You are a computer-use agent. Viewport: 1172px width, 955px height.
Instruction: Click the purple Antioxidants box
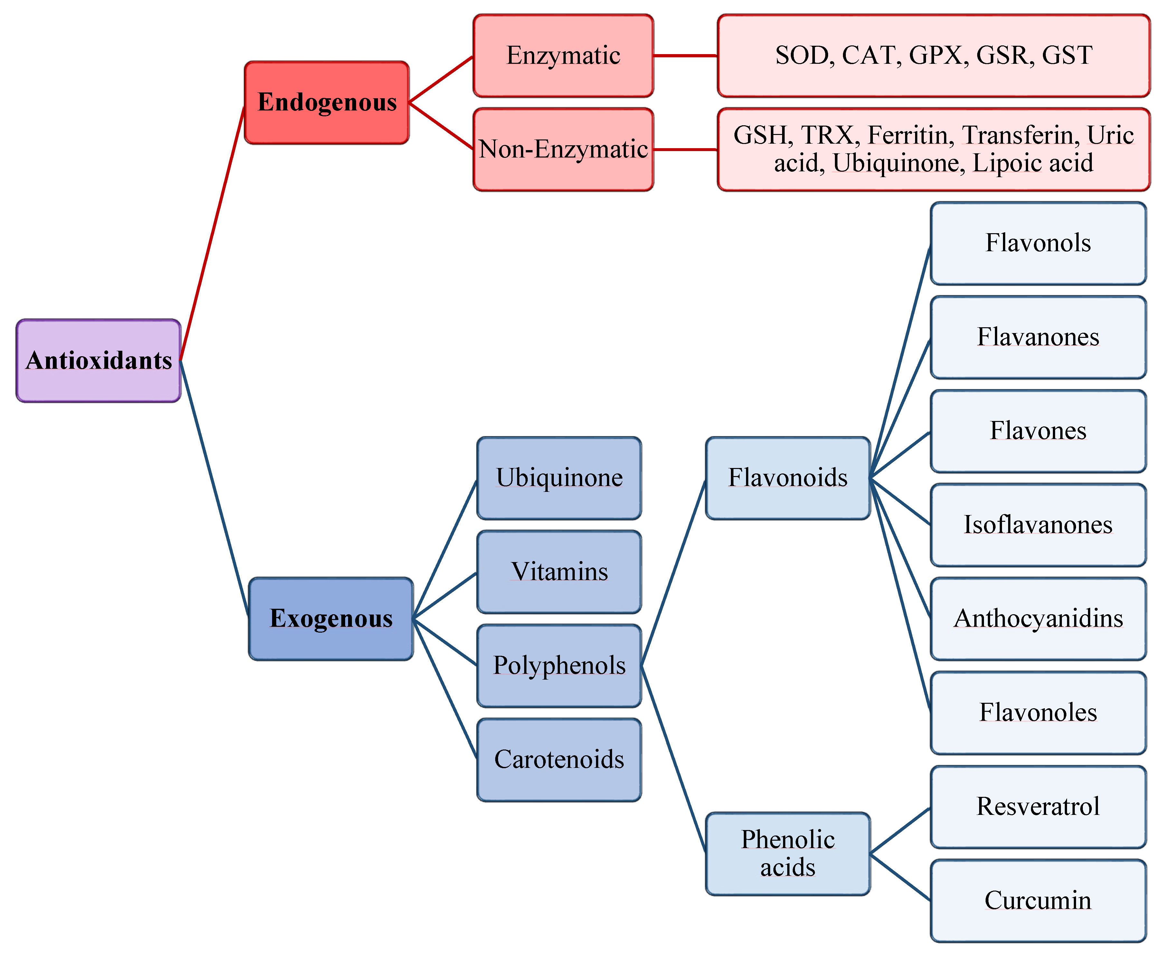(x=99, y=361)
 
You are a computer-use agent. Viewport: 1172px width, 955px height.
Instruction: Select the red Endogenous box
(x=327, y=103)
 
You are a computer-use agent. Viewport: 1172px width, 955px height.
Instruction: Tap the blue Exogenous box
(x=331, y=619)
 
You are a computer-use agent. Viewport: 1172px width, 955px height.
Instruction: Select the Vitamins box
(x=559, y=572)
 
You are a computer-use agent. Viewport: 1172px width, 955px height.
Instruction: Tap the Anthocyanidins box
(x=1038, y=619)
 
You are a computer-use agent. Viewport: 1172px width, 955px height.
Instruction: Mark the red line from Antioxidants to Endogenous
(x=212, y=234)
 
